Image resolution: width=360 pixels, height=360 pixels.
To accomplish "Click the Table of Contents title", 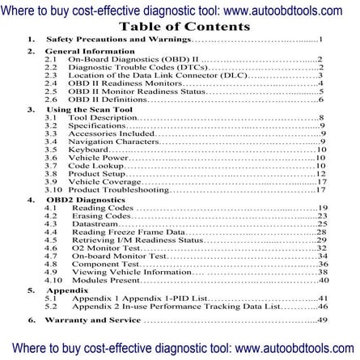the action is click(180, 25).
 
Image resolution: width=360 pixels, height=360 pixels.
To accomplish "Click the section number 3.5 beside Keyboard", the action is click(51, 150).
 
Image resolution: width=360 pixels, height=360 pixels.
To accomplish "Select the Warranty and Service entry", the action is click(94, 321).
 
